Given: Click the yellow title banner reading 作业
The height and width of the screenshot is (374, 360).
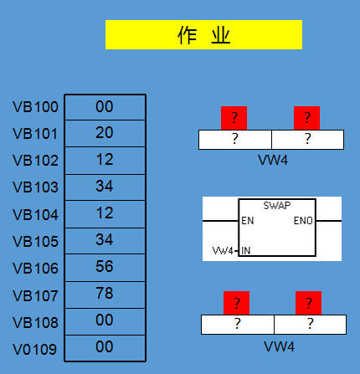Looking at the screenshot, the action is point(203,35).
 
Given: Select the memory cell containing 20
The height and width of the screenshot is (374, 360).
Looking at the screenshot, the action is point(105,133).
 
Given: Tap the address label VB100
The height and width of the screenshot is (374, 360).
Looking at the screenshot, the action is point(35,107).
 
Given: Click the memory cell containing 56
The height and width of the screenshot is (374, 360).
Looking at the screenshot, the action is point(105,268).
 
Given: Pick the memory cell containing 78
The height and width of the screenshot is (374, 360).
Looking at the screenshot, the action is point(105,295).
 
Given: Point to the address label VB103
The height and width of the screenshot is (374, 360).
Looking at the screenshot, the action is point(35,187).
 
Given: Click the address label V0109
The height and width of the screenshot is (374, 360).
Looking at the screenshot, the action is point(35,350).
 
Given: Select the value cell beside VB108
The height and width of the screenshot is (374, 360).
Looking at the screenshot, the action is point(105,321).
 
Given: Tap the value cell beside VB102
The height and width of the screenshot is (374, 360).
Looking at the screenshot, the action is point(105,161).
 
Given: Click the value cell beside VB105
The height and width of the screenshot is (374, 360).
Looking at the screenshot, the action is point(105,241).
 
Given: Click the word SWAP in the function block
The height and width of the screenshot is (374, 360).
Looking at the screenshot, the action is point(277,206).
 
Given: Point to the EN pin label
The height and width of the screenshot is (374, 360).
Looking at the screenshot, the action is point(248,221).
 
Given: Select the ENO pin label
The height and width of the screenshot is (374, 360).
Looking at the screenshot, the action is point(303,221).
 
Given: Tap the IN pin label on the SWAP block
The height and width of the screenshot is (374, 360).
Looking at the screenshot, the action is point(246,251).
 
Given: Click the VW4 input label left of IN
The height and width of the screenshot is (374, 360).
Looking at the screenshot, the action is point(223,251).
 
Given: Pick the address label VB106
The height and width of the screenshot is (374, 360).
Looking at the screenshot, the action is point(35,269).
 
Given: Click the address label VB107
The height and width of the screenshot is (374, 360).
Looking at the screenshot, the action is point(35,295).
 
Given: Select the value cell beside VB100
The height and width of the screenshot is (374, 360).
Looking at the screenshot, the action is point(105,107).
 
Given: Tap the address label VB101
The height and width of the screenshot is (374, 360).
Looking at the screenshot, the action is point(35,134).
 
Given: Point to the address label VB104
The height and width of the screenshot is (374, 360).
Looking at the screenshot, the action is point(35,215).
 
